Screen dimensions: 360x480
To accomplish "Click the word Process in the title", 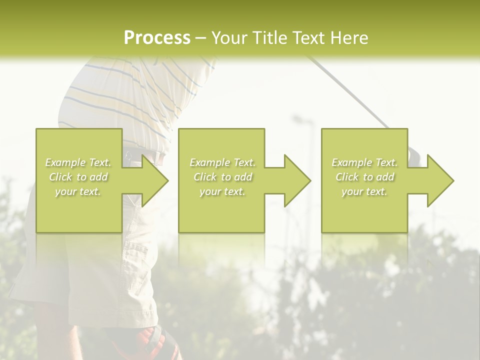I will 157,37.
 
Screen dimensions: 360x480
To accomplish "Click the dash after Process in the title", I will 201,38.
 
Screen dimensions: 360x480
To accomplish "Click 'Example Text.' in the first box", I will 78,162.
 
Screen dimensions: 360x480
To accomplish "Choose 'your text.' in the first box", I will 78,191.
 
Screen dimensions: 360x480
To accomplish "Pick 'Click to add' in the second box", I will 222,177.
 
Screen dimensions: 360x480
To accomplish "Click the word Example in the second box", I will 210,162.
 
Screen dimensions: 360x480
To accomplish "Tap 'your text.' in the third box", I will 364,191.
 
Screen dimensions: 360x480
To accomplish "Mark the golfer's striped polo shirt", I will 130,95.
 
